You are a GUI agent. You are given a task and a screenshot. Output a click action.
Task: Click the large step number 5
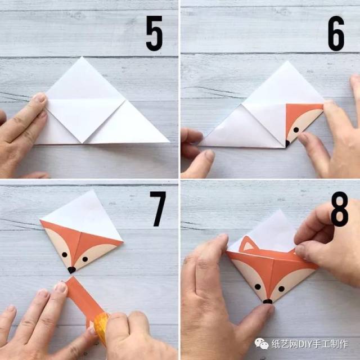coord(154,33)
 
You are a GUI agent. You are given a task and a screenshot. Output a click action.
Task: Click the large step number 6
coord(336,33)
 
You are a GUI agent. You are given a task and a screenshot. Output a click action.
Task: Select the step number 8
coord(339,209)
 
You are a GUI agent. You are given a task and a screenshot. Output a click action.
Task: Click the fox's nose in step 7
coord(71,270)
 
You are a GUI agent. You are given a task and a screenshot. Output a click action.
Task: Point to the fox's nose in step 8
coord(268,301)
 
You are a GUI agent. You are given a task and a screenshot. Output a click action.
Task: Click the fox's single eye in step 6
coord(296,130)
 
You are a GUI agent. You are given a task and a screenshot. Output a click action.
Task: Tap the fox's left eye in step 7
coord(65,255)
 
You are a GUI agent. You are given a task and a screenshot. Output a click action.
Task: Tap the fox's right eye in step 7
coord(85,259)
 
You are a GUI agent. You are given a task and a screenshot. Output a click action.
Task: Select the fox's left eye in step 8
coord(258,286)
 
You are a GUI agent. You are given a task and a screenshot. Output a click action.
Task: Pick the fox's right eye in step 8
coord(281,289)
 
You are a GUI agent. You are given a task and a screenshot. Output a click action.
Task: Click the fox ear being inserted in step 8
coord(247,244)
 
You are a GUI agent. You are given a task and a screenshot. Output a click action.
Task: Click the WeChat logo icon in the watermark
coord(262,344)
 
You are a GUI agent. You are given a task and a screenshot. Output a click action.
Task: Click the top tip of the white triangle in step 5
coord(82,57)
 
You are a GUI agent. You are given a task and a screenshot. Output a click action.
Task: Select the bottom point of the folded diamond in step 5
coord(82,143)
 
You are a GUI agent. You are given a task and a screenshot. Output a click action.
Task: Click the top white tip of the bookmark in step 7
coord(93,190)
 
